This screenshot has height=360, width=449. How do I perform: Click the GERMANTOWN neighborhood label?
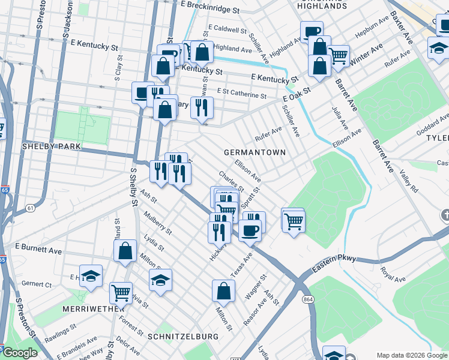click(x=255, y=152)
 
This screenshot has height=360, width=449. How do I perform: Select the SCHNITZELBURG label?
click(x=177, y=337)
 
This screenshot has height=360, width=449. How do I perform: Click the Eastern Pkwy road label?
click(x=336, y=260)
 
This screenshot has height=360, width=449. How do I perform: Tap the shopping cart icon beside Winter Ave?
click(x=339, y=56)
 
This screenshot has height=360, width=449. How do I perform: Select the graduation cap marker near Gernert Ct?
click(x=91, y=276)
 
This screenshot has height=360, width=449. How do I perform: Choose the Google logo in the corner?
click(x=20, y=352)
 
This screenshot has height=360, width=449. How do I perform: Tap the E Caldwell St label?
click(x=228, y=29)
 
